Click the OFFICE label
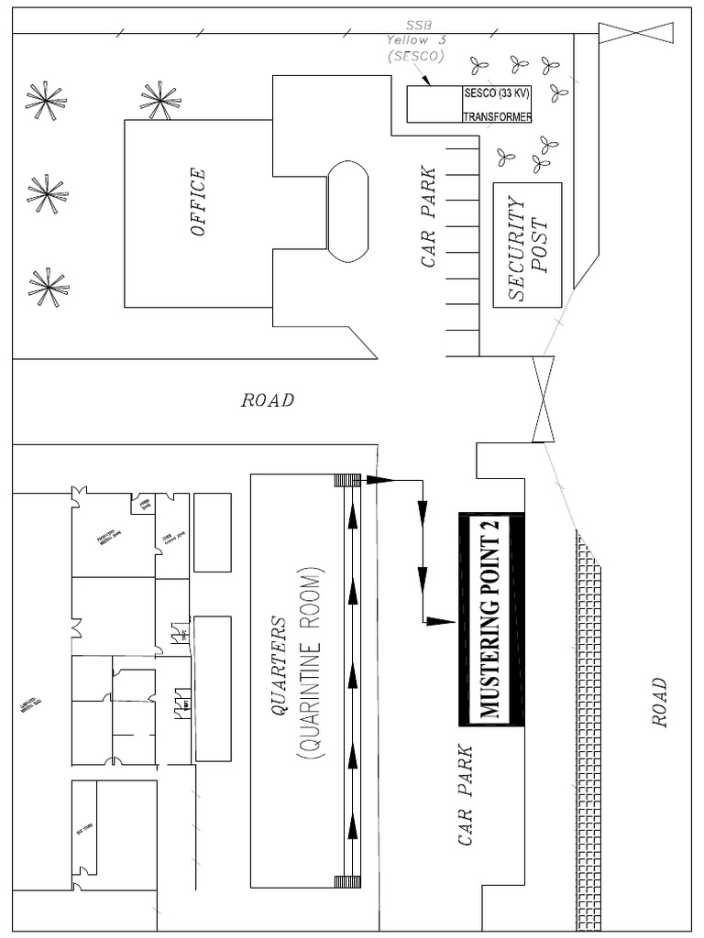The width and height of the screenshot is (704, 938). [198, 202]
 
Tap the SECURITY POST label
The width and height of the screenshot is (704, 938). [527, 245]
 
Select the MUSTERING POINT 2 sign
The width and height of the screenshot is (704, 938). [491, 619]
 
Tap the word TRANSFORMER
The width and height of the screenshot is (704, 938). [497, 116]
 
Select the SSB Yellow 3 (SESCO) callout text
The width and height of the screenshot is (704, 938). [414, 41]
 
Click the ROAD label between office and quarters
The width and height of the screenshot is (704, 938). [268, 400]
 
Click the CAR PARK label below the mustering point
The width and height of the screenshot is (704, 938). [467, 795]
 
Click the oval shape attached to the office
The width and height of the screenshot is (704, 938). [347, 212]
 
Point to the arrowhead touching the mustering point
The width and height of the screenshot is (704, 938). [442, 621]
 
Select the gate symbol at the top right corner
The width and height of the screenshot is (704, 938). [635, 35]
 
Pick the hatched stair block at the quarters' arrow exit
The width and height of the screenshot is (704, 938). [347, 479]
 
